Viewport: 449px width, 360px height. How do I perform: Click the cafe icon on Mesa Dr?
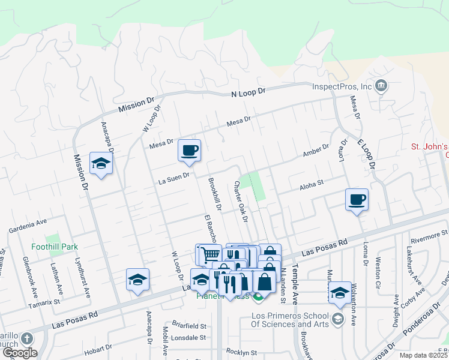pos(189,150)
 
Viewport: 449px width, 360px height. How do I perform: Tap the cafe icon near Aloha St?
pos(357,199)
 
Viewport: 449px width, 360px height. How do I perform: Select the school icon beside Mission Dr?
pos(101,163)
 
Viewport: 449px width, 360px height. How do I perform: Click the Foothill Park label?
pos(55,247)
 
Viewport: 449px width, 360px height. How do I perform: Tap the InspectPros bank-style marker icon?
pos(380,86)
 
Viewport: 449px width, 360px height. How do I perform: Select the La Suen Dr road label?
pos(174,176)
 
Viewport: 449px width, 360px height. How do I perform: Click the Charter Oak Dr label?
pos(241,201)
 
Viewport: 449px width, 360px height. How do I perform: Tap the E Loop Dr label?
pos(367,153)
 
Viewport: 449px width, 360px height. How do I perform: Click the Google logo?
pos(20,352)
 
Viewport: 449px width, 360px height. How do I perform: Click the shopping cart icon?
pos(209,254)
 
